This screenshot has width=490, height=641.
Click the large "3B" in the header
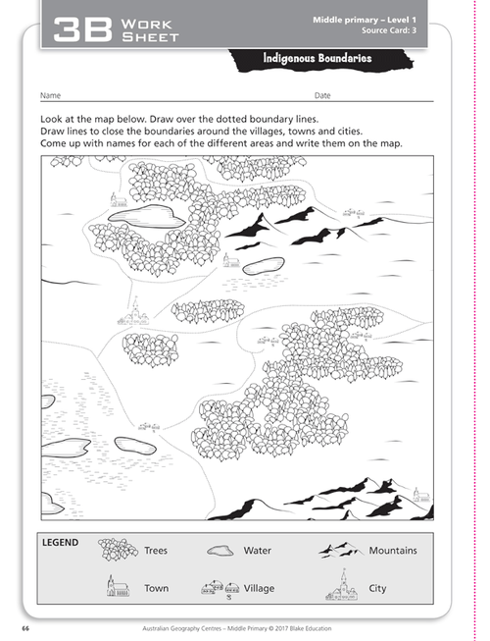79,28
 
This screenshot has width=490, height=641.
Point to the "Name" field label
51,96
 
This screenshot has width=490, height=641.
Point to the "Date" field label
322,96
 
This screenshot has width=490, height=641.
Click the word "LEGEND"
61,541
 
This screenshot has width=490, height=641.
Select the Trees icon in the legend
118,550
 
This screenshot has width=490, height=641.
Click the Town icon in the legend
117,586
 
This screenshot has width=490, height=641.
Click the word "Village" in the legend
260,589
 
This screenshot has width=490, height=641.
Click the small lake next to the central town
263,264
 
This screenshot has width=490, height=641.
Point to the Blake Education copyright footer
244,625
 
